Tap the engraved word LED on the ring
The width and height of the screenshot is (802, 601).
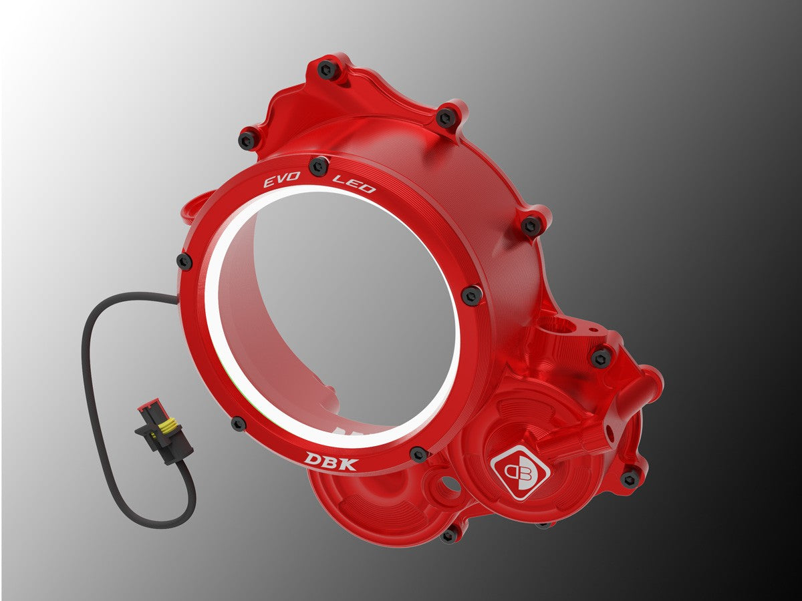354,183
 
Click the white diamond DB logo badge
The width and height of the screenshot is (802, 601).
519,471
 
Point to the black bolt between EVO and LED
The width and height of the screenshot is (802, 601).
319,165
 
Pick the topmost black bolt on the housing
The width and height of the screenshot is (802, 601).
327,68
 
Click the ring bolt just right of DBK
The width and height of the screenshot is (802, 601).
419,454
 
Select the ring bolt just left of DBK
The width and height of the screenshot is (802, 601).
239,423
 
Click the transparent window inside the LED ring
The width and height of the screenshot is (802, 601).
334,314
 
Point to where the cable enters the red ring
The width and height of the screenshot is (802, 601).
179,302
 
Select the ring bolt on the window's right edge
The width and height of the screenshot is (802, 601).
471,294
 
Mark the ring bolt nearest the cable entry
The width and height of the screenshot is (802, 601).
184,262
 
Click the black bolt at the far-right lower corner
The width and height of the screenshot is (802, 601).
629,478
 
